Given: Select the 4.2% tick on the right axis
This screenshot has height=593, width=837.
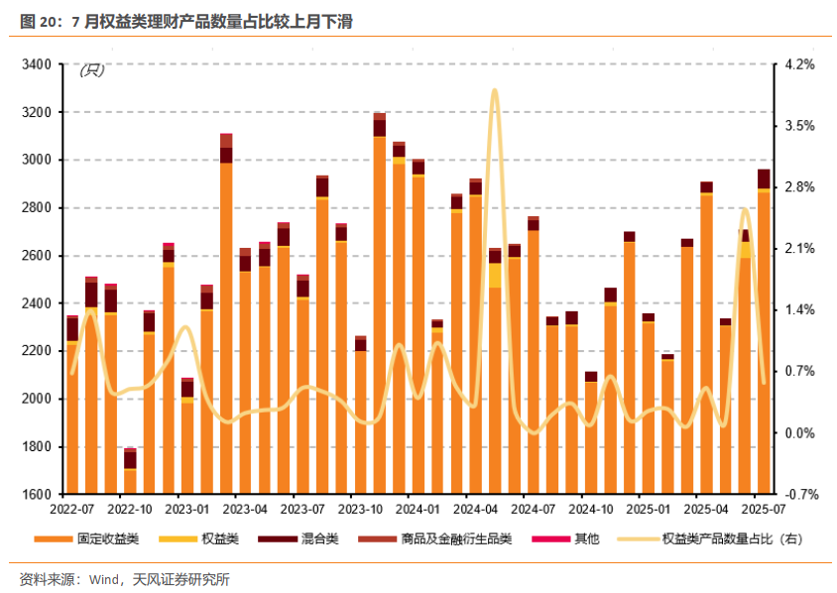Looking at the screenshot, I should [x=799, y=64].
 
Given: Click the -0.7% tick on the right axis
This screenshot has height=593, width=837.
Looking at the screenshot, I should [x=798, y=494].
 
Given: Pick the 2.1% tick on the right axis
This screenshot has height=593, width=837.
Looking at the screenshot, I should [x=799, y=248].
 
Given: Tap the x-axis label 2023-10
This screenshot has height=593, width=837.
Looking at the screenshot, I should [x=361, y=509].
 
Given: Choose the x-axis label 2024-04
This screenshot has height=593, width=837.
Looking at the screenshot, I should [x=476, y=509].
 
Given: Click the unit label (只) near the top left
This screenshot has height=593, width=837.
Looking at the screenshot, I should [x=91, y=69].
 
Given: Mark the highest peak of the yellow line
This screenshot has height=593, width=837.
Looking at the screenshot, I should [x=494, y=91].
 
